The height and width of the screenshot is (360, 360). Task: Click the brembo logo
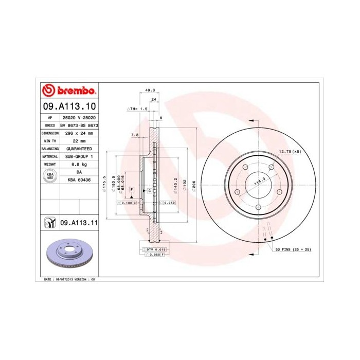click(68, 91)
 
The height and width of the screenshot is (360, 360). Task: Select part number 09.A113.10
click(68, 106)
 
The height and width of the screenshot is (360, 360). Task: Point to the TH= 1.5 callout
click(137, 110)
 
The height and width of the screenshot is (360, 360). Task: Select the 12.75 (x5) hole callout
click(289, 151)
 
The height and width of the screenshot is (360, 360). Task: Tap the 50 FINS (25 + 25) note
click(293, 249)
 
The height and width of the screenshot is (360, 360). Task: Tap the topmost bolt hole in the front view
click(257, 167)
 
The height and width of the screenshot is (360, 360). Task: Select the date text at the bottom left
click(68, 279)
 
